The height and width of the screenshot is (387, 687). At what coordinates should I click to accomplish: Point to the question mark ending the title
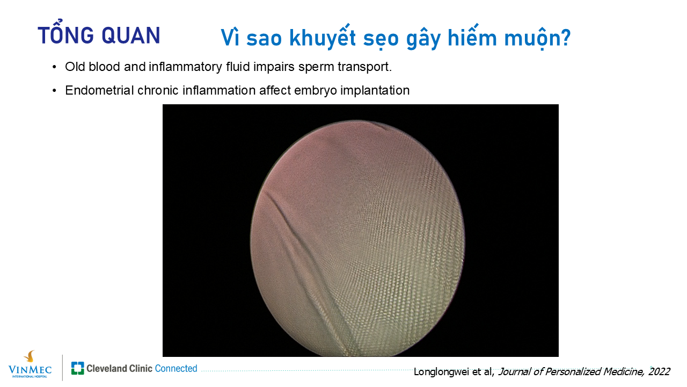[x=564, y=38]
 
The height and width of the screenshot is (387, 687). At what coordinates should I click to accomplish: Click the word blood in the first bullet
[x=104, y=66]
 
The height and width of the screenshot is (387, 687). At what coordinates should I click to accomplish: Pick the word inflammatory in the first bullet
[x=185, y=67]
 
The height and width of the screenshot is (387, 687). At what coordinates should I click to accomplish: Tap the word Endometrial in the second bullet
[x=100, y=90]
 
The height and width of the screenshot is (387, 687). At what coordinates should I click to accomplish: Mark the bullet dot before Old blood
[x=54, y=67]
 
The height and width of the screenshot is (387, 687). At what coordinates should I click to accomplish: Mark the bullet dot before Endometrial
[x=54, y=90]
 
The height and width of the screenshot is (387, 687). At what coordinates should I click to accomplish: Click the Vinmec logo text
[x=30, y=369]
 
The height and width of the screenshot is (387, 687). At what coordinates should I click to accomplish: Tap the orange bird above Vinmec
[x=30, y=356]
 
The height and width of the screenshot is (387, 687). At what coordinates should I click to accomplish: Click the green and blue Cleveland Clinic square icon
[x=78, y=368]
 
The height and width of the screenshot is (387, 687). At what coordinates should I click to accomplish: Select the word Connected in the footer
[x=176, y=368]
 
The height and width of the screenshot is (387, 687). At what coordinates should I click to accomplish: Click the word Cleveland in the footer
[x=107, y=368]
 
